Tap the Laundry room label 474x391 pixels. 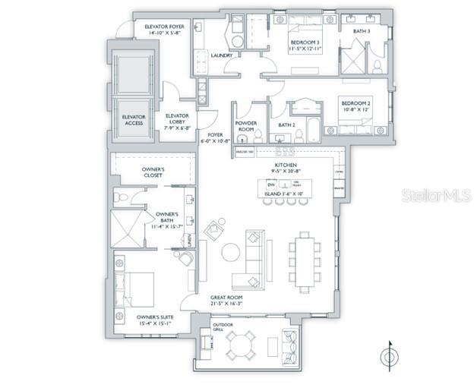pyautogui.click(x=222, y=76)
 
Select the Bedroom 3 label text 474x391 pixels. pyautogui.click(x=303, y=43)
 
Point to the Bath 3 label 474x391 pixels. pyautogui.click(x=361, y=31)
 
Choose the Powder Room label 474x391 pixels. pyautogui.click(x=245, y=126)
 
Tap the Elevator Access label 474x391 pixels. pyautogui.click(x=134, y=120)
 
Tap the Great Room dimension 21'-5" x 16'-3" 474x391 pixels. pyautogui.click(x=236, y=304)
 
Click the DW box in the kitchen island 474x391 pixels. pyautogui.click(x=270, y=184)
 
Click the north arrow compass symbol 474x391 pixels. pyautogui.click(x=390, y=355)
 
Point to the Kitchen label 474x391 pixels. pyautogui.click(x=286, y=165)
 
